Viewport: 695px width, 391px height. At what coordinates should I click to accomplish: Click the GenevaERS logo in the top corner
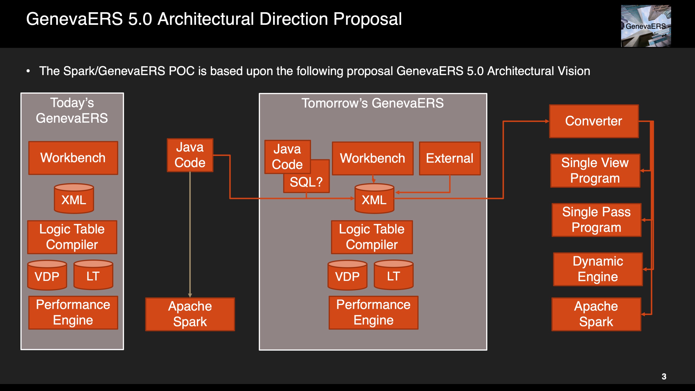[646, 26]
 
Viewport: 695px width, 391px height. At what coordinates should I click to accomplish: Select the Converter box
[594, 121]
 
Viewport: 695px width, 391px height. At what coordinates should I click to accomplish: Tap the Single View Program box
[595, 171]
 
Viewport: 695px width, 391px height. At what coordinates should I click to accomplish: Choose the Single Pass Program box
[596, 220]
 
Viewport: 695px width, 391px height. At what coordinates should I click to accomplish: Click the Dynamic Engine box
[598, 269]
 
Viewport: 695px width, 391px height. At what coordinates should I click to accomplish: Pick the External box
[450, 158]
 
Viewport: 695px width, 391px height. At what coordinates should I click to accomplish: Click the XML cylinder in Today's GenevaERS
[74, 199]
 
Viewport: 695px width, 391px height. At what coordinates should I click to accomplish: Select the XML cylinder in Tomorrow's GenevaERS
[374, 199]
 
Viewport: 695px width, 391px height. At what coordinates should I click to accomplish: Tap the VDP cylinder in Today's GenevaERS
[47, 275]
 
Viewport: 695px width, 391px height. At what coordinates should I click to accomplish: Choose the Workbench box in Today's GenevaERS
[73, 158]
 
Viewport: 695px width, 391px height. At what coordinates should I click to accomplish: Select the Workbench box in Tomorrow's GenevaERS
[373, 158]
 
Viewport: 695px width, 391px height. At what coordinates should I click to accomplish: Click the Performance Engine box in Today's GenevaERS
[73, 312]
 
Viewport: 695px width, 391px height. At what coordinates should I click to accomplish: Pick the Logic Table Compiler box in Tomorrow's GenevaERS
[372, 237]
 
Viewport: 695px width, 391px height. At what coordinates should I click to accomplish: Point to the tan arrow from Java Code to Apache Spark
[190, 235]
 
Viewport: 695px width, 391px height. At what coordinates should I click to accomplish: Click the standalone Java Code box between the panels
[190, 155]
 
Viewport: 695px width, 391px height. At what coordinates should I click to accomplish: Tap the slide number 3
[664, 376]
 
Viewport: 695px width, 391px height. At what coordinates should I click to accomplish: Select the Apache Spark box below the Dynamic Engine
[596, 314]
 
